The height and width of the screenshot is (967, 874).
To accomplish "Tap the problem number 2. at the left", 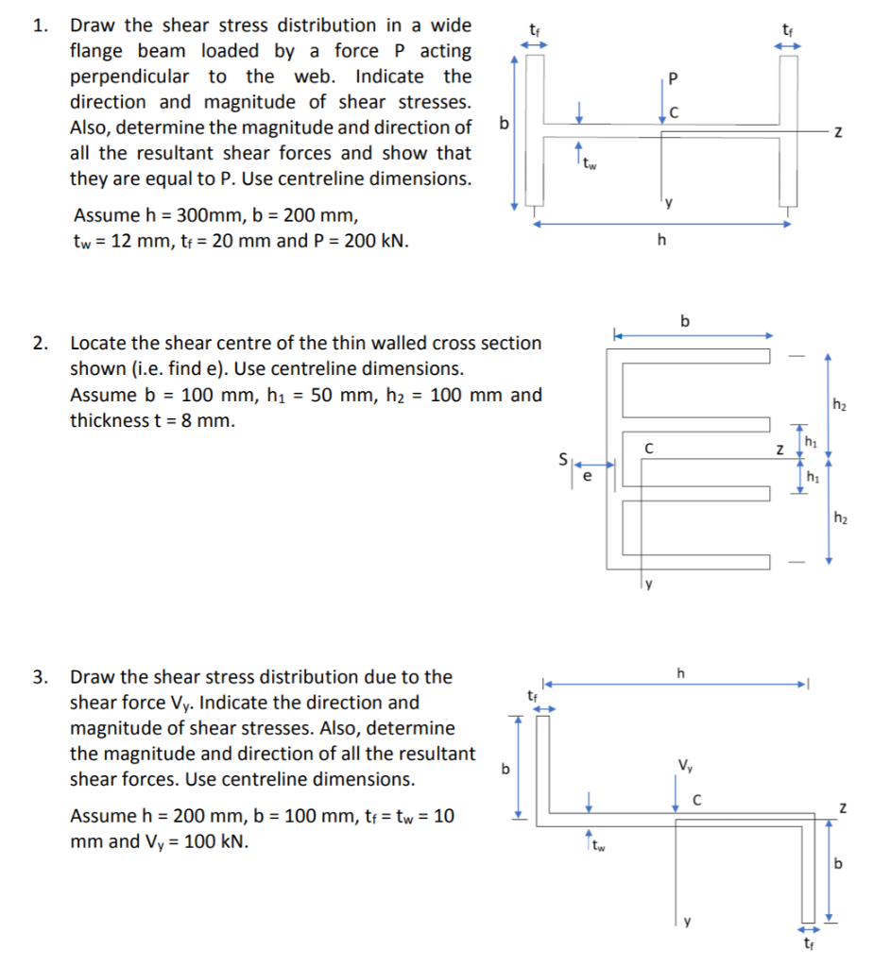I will (39, 343).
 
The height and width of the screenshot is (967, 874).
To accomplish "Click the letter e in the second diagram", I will (587, 478).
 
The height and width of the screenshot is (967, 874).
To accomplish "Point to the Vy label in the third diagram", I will (683, 765).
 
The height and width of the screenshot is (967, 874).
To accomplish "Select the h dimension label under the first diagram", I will (661, 239).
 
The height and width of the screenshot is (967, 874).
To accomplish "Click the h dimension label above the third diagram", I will (681, 672).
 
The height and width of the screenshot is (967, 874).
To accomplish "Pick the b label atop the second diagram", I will (686, 321).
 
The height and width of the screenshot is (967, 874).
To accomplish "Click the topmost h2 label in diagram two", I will (840, 405).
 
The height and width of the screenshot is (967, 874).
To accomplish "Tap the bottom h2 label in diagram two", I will (840, 517).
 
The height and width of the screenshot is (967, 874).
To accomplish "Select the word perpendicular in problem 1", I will (129, 76).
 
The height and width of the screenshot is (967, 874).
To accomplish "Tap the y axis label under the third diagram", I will (688, 921).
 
